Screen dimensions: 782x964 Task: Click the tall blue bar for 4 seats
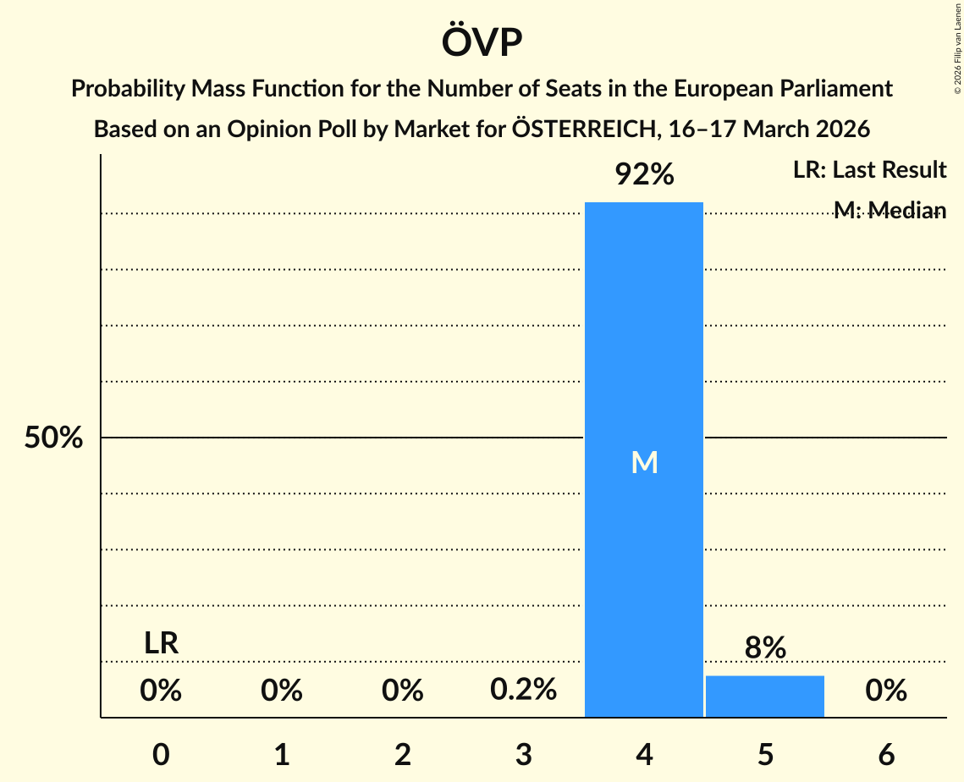point(644,339)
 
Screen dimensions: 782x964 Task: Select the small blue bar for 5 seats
point(765,697)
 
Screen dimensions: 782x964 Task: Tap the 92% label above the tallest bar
point(644,175)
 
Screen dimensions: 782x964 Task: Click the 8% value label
point(765,648)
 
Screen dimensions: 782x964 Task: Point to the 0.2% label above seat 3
point(523,690)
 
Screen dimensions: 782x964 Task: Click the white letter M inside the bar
point(644,462)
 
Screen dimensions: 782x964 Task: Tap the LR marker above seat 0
point(161,643)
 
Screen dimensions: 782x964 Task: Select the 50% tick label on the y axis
point(53,438)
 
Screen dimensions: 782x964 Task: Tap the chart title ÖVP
point(482,42)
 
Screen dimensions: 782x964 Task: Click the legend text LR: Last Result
point(869,170)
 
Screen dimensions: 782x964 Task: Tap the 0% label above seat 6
point(886,691)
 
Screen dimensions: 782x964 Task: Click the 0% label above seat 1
point(282,691)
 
